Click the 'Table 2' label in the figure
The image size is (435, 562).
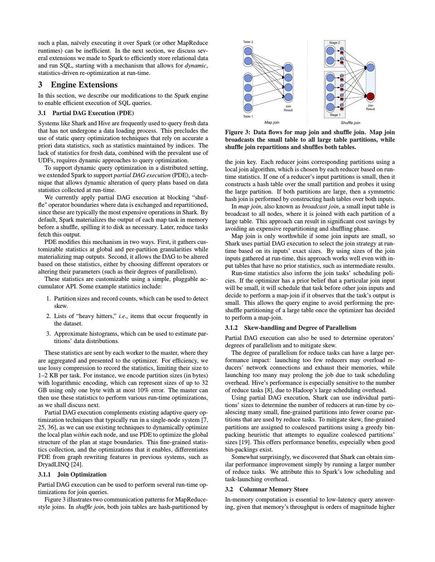tap(248, 42)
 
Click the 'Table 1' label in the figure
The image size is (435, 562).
tap(248, 116)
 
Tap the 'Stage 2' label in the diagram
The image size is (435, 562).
tap(334, 43)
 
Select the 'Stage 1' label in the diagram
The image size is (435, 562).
tap(335, 115)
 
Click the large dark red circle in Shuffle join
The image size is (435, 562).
tap(370, 96)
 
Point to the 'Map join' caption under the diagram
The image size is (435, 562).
tap(272, 123)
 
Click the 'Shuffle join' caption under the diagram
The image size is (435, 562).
tap(350, 123)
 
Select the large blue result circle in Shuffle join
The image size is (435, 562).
tap(370, 68)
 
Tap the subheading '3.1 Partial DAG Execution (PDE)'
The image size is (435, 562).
tap(86, 113)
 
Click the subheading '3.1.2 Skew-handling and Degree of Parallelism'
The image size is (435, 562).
tap(290, 328)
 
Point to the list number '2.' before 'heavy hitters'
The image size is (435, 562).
tap(48, 316)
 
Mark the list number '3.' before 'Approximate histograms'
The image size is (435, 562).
tap(48, 334)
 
